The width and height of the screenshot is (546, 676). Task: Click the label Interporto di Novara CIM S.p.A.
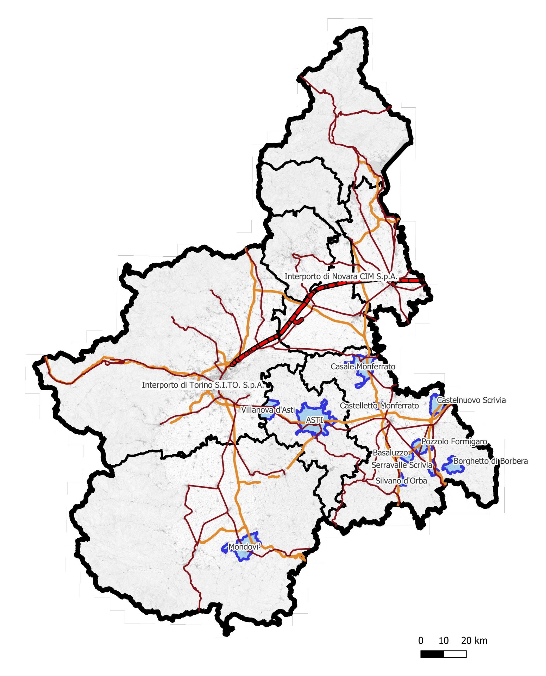tap(340, 277)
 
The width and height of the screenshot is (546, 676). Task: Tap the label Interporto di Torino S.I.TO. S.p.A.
tap(202, 385)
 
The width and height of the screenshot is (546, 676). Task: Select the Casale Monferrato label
tap(363, 367)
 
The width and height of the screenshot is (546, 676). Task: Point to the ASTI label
tap(314, 420)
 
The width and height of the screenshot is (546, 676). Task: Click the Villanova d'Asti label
tap(268, 410)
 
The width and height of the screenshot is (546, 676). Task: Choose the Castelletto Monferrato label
tap(379, 406)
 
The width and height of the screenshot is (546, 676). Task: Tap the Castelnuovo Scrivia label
tap(471, 400)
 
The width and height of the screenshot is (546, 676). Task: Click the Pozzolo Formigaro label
tap(454, 442)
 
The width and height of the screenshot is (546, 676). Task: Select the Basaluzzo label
tap(390, 453)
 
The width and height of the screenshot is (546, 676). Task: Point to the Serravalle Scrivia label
tap(402, 465)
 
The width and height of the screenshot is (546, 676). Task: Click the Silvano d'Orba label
tap(401, 481)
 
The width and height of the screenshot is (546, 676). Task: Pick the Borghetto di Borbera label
tap(490, 461)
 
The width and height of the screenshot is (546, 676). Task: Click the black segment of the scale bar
tap(432, 654)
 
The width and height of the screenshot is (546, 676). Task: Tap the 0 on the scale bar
tap(421, 641)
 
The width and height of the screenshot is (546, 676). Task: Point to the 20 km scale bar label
tap(474, 641)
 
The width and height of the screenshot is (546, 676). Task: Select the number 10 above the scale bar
tap(444, 641)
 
